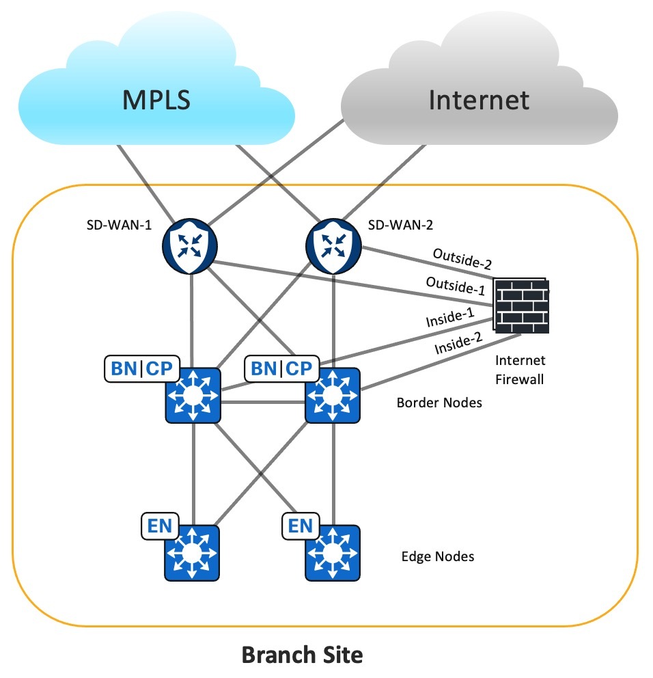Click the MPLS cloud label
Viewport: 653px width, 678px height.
(x=156, y=100)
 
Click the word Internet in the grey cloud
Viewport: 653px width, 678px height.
(x=479, y=100)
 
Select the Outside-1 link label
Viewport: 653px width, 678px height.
(x=451, y=285)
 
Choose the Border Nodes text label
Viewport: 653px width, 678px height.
(x=439, y=403)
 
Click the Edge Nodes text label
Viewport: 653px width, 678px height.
(x=437, y=557)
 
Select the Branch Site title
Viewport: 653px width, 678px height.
(x=302, y=655)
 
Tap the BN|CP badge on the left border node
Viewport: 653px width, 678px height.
(x=141, y=370)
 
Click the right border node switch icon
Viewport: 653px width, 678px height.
(x=333, y=395)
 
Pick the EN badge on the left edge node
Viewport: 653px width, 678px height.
(x=159, y=526)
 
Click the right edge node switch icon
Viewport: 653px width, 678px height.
(x=333, y=552)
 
